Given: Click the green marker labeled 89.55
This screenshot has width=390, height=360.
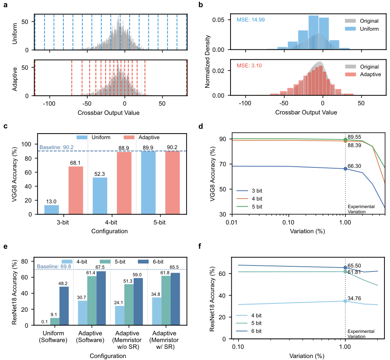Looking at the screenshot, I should pyautogui.click(x=345, y=140).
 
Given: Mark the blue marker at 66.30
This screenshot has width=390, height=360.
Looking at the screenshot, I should pyautogui.click(x=345, y=169).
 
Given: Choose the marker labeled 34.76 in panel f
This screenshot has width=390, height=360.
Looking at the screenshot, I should pyautogui.click(x=345, y=301).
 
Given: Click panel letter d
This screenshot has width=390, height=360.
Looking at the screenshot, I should pyautogui.click(x=200, y=127).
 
